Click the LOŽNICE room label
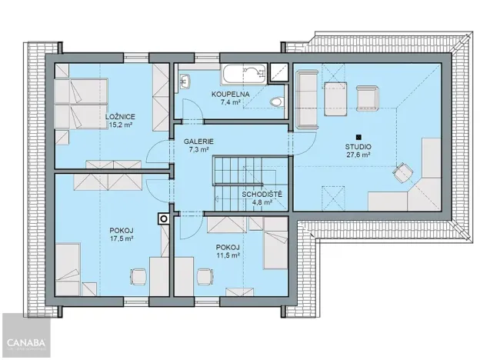point(119,116)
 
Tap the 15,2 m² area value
point(119,125)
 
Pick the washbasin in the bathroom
point(185,79)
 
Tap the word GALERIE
point(198,142)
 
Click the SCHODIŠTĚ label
point(262,195)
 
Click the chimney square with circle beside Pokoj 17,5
point(163,218)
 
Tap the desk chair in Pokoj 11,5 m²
point(205,275)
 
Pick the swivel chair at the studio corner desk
point(402,172)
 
